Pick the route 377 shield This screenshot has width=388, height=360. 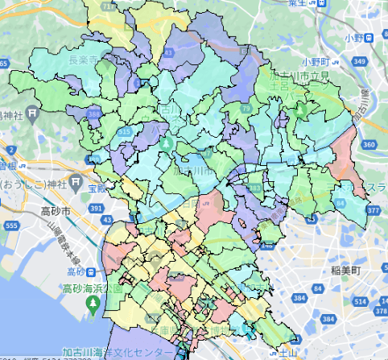tap(373, 210)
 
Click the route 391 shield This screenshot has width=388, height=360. tap(97, 209)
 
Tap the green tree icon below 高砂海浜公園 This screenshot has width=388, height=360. tap(93, 302)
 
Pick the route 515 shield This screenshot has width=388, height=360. tap(124, 130)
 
